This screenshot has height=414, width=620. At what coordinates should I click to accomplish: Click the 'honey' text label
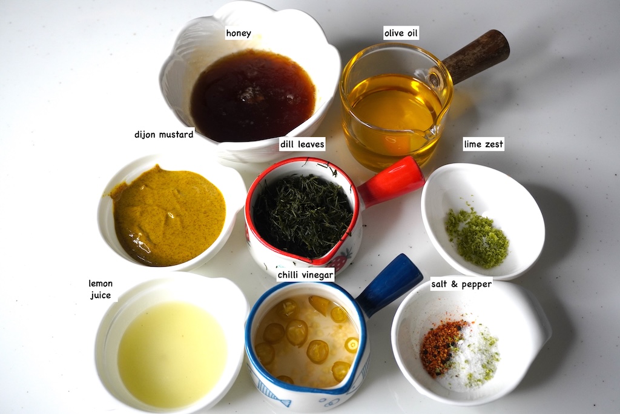click(x=239, y=33)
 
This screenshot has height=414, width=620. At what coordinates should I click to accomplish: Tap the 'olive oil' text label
click(x=401, y=33)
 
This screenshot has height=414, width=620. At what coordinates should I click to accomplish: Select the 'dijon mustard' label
click(x=163, y=135)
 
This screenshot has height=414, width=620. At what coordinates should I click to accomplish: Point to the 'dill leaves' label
click(x=302, y=144)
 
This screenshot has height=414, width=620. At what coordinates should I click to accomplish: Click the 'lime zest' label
click(x=483, y=144)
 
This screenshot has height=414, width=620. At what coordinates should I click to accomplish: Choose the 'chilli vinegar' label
click(x=306, y=275)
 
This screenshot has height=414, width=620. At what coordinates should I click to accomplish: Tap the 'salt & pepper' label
click(x=461, y=284)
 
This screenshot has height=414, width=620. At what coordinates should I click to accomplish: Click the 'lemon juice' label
click(x=101, y=289)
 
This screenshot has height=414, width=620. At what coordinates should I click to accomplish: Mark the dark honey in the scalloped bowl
click(x=252, y=95)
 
